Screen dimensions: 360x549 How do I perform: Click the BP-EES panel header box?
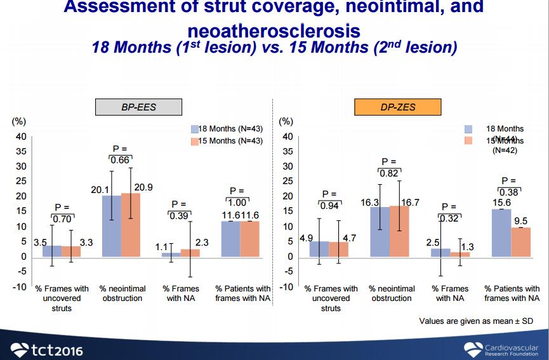pos(138,107)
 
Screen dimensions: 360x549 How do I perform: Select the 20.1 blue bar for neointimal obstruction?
pos(112,225)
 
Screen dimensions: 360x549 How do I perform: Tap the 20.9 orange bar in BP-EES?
pos(131,224)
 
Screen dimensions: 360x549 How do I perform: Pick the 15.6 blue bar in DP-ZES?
pos(501,232)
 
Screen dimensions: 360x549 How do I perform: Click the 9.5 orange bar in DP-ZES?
pos(520,242)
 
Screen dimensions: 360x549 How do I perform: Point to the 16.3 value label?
pos(370,203)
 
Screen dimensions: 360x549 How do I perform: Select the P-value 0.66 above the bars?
pos(121,160)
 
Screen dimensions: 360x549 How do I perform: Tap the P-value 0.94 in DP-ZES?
pos(329,206)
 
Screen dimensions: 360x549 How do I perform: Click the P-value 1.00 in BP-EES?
pos(237,202)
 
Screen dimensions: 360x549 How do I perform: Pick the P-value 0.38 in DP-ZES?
pos(509,192)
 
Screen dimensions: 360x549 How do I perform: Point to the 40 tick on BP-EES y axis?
pos(21,137)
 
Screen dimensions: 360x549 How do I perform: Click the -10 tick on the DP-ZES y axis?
pos(286,287)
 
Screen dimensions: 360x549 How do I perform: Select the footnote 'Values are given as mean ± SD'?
pos(475,321)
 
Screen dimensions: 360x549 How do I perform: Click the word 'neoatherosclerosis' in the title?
pos(274,30)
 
